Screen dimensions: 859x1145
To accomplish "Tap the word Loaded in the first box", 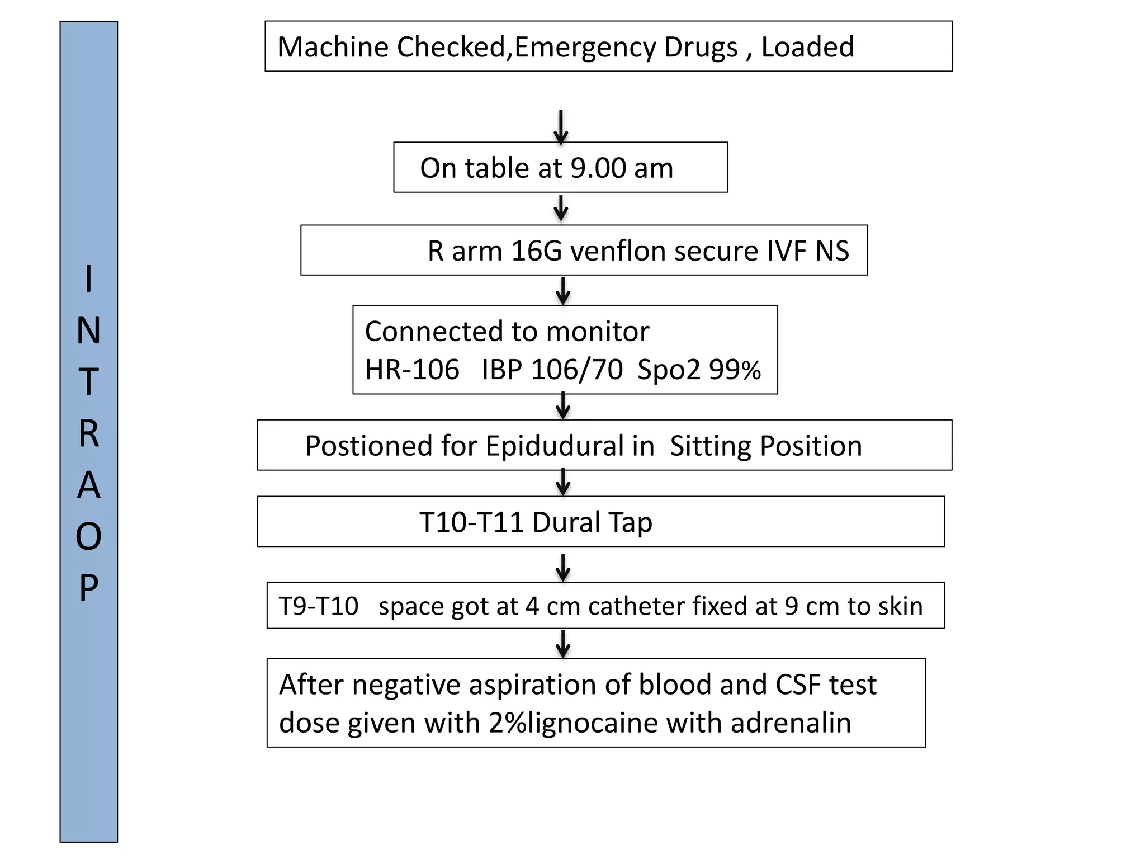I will (807, 47).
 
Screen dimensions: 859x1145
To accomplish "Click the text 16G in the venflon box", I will (536, 251).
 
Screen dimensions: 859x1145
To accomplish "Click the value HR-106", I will (412, 370).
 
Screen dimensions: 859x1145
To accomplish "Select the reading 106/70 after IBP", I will (576, 370).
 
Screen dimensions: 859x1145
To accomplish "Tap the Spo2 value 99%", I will (735, 370).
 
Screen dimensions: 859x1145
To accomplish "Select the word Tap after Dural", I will (630, 522).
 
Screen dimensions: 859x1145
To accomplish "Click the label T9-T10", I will (319, 606).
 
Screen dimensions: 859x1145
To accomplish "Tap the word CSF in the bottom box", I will (798, 685).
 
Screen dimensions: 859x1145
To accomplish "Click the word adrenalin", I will (791, 723).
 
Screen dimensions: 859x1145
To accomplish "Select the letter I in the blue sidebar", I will (88, 279).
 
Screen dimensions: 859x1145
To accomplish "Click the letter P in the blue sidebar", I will (88, 588).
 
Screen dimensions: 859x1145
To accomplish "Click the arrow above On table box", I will (561, 128).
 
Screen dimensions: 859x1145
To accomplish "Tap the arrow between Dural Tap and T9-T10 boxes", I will (563, 568).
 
